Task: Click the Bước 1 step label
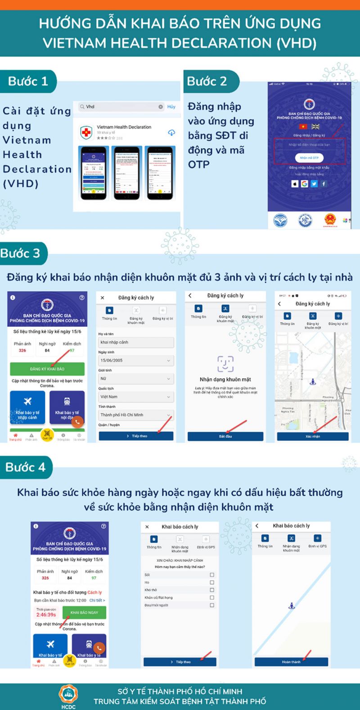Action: [28, 81]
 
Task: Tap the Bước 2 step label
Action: [207, 81]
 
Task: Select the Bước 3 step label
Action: [21, 253]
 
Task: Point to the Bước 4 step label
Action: [26, 467]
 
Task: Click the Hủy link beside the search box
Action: [171, 107]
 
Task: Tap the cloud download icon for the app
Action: [171, 133]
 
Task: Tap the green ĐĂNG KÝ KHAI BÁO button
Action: [47, 369]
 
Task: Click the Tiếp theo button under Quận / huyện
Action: [136, 436]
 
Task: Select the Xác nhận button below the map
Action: [312, 436]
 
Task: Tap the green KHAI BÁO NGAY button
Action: [84, 612]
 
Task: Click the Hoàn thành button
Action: [291, 662]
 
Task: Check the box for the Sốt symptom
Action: [212, 575]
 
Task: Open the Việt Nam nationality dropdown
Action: [135, 397]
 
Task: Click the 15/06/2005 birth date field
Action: [135, 360]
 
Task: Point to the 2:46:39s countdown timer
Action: [46, 615]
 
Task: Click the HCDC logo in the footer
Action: [68, 695]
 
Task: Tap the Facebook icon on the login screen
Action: [324, 184]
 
